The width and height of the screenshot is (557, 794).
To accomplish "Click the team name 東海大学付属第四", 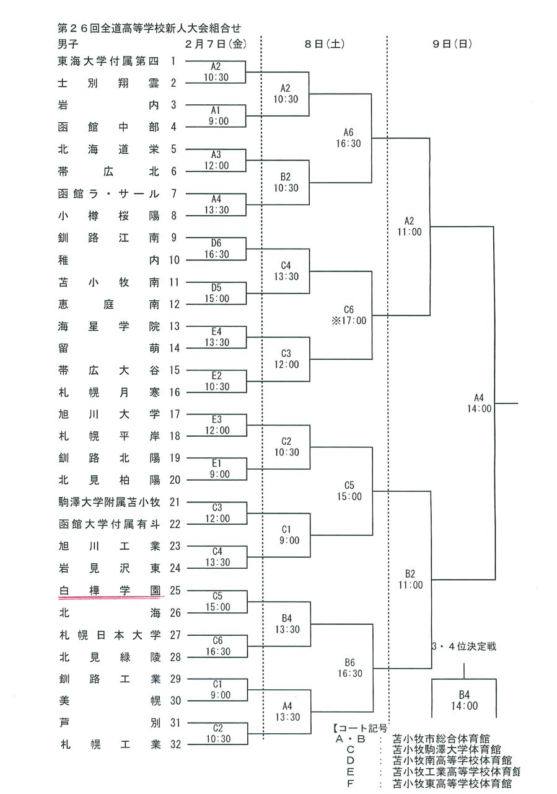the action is (108, 61).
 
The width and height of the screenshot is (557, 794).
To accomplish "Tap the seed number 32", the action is (175, 744).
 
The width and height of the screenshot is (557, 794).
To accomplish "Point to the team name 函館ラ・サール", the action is (108, 194).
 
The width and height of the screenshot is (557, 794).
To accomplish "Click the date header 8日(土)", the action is (325, 43).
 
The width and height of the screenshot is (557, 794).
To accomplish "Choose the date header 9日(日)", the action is (452, 43).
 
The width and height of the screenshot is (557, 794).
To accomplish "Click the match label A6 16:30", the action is (348, 138).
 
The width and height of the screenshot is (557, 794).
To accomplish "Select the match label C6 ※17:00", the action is (349, 315).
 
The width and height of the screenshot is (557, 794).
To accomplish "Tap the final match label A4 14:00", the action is (479, 403).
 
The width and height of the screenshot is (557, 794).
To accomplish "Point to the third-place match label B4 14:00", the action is (464, 700).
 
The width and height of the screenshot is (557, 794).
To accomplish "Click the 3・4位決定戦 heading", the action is (464, 646).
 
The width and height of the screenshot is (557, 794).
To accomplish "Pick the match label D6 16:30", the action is (216, 249).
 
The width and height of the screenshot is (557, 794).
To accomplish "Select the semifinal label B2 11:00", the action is (410, 579).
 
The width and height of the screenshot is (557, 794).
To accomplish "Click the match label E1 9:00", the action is (219, 468).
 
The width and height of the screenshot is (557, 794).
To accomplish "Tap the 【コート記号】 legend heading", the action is (360, 728).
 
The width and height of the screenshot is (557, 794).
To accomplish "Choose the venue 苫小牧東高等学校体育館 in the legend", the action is (452, 783).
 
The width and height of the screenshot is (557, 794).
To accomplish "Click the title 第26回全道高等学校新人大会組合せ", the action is (149, 28).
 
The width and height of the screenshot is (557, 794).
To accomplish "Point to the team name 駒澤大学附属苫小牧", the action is (110, 502).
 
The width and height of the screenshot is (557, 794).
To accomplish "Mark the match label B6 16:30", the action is (350, 668).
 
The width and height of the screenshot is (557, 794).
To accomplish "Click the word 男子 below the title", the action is (68, 44).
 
